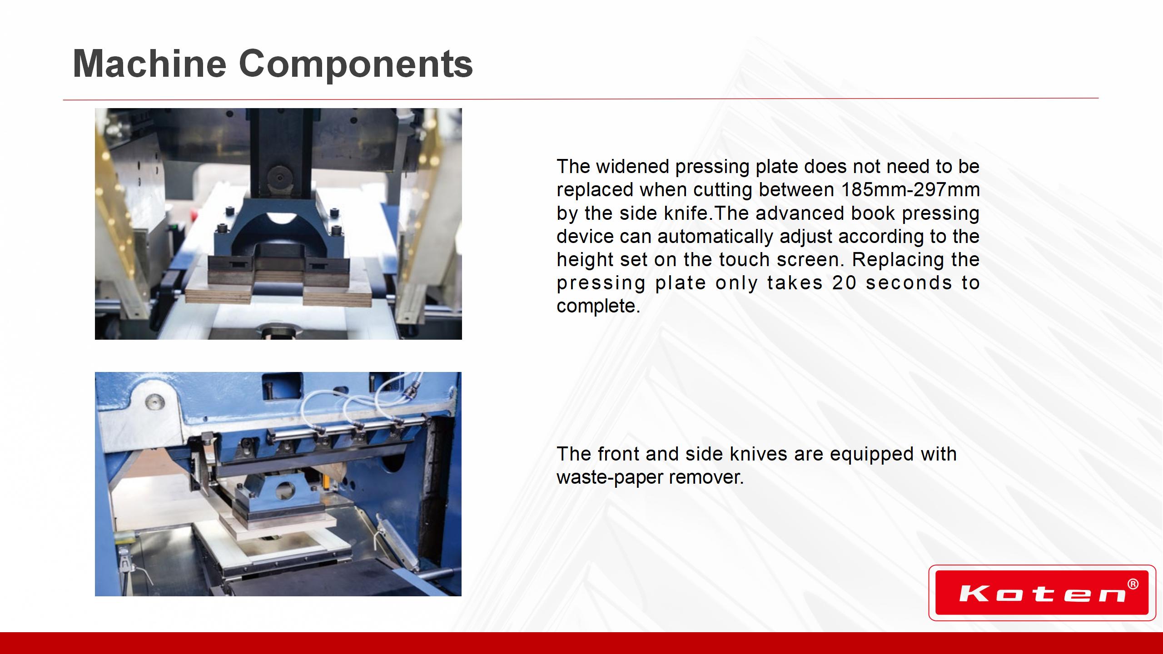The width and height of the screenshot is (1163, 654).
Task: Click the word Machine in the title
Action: [149, 64]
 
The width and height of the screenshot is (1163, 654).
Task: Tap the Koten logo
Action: [1042, 593]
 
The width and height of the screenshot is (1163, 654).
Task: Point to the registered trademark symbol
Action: [1133, 584]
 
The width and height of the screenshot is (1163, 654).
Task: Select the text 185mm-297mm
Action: [910, 190]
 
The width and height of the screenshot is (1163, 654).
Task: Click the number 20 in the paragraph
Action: [844, 283]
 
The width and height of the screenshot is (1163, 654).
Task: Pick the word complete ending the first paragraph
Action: [598, 307]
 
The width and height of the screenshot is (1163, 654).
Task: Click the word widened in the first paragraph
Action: [632, 166]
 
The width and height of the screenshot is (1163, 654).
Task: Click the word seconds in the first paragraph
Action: [909, 283]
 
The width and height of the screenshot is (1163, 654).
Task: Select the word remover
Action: [706, 477]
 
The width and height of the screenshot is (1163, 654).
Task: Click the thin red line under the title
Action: [581, 99]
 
